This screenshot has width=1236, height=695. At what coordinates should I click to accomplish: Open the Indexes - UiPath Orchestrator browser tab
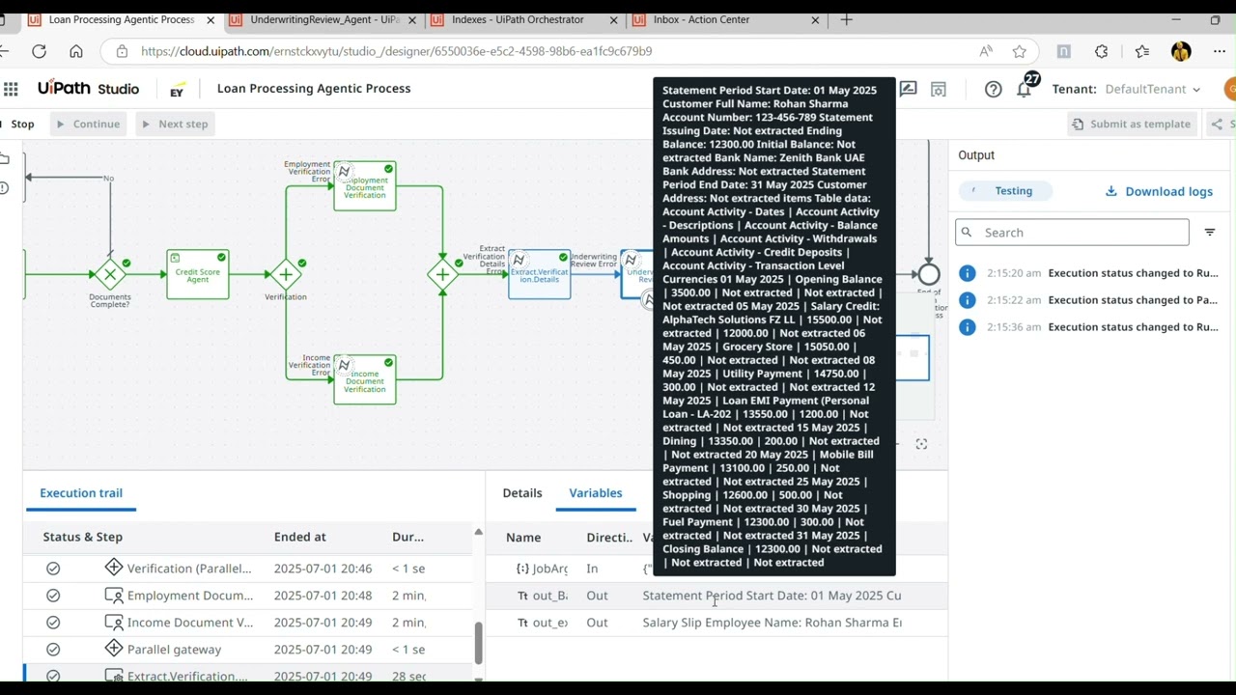[x=517, y=19]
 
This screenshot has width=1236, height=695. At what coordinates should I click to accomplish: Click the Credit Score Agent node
[x=197, y=275]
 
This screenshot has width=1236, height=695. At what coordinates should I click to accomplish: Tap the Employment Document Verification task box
[x=364, y=186]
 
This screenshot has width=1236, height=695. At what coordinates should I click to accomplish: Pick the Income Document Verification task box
[x=364, y=380]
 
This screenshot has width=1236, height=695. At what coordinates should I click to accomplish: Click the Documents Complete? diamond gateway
[x=110, y=275]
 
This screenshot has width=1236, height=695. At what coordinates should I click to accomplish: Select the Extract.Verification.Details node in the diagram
[x=539, y=275]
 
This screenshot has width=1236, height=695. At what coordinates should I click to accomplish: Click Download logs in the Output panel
[x=1159, y=191]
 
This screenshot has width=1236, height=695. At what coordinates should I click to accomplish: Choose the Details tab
[x=522, y=493]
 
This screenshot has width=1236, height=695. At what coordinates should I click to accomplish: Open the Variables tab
[x=596, y=493]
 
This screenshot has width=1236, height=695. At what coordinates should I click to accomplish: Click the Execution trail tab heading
[x=81, y=493]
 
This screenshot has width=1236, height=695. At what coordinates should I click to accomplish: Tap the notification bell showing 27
[x=1025, y=89]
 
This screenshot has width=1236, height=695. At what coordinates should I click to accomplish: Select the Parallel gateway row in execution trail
[x=174, y=650]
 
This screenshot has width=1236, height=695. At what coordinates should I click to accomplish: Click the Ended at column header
[x=299, y=537]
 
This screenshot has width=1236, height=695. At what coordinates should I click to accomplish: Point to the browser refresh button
[x=39, y=51]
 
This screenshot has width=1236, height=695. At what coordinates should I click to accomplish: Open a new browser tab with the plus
[x=847, y=19]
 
